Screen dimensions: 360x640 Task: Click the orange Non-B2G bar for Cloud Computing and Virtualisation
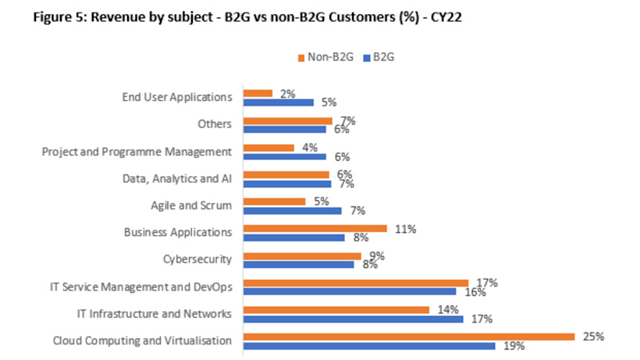point(408,336)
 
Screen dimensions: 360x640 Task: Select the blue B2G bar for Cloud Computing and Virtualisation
point(369,346)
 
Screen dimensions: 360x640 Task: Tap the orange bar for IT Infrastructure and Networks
point(336,309)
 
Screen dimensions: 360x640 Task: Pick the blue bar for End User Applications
point(278,102)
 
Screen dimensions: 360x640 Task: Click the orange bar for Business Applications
point(314,228)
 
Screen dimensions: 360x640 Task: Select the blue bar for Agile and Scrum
point(292,210)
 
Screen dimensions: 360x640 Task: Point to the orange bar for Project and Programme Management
point(268,147)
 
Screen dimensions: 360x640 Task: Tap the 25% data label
point(592,336)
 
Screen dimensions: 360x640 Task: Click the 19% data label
point(514,346)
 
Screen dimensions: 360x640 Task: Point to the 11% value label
point(406,228)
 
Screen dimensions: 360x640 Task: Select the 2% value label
point(288,93)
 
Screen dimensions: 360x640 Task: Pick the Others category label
point(214,124)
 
